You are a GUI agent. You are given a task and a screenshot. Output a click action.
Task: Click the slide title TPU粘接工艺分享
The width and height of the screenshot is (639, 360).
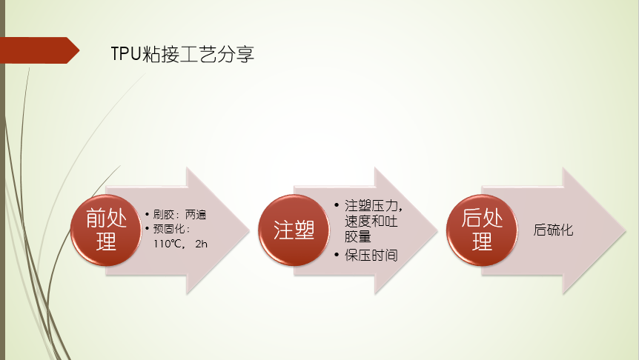click(182, 54)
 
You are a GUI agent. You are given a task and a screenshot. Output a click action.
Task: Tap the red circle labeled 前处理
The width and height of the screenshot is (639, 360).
click(106, 230)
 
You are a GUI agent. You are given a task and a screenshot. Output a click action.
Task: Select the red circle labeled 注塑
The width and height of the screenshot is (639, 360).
click(294, 230)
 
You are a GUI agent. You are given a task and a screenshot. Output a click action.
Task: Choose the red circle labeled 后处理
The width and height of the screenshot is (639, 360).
click(482, 230)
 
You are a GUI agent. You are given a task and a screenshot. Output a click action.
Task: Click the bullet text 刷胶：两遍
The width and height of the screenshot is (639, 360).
click(179, 214)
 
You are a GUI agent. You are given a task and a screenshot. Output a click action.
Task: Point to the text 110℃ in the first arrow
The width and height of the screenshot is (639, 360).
click(167, 244)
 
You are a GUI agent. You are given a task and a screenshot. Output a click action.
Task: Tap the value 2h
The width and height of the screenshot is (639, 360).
click(202, 244)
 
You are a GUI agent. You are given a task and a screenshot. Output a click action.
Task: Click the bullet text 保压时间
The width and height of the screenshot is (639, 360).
click(371, 256)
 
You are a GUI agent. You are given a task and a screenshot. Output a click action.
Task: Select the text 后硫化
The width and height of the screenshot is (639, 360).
click(553, 230)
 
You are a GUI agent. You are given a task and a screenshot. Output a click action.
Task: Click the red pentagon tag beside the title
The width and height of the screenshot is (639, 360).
click(39, 50)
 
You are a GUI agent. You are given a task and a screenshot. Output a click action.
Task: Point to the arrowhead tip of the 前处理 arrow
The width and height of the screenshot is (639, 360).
click(249, 230)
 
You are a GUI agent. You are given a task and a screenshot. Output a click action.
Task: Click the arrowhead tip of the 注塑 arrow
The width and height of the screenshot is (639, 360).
click(437, 230)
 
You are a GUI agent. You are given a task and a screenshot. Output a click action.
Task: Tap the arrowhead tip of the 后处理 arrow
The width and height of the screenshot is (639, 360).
click(625, 230)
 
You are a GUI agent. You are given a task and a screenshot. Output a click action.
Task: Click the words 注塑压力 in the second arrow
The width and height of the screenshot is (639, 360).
click(371, 206)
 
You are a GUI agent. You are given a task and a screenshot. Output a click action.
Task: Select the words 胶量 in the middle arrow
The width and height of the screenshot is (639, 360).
click(358, 236)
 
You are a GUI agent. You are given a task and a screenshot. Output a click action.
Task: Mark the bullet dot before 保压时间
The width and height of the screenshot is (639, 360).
click(337, 256)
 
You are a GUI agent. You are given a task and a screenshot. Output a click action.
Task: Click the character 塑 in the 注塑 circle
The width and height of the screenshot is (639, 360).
click(305, 230)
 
